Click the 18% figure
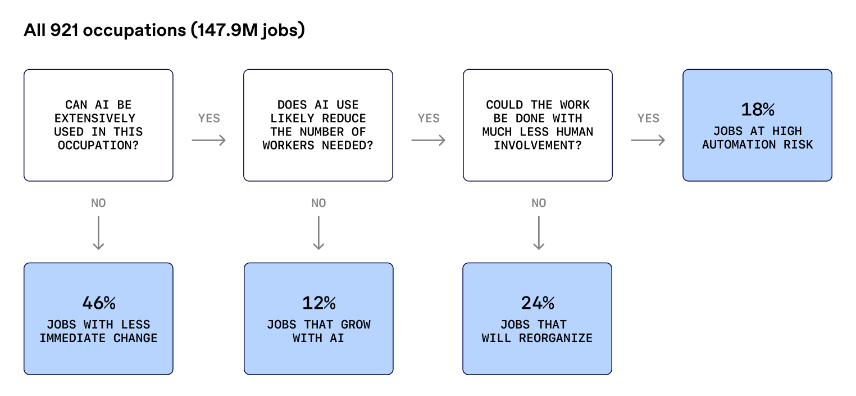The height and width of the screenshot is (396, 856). [758, 110]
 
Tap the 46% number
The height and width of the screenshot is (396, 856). [99, 303]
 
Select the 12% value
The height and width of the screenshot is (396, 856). [318, 303]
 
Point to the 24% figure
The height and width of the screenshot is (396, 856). [538, 303]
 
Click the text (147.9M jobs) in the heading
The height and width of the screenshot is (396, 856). [248, 30]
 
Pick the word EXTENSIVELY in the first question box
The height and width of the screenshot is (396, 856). [95, 118]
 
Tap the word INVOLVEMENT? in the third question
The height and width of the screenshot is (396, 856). [538, 145]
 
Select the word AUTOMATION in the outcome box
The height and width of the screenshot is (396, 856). [739, 145]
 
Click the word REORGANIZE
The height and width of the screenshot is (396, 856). [556, 338]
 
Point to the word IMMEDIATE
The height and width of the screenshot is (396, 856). [72, 338]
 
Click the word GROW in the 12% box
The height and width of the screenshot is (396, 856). [356, 325]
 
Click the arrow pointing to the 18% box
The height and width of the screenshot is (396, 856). [648, 141]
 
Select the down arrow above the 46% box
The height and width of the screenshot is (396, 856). [99, 233]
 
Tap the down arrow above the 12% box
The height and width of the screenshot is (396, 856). [318, 233]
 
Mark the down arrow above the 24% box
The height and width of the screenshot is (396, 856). [539, 233]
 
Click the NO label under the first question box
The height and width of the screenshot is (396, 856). [99, 203]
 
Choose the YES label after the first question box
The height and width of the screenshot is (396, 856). [209, 118]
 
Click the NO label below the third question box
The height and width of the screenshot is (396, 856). [539, 203]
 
